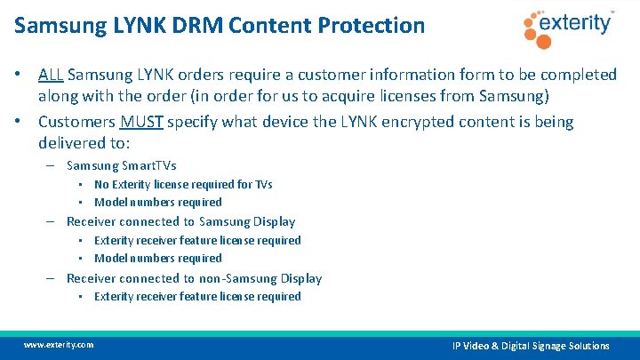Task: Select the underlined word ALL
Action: coord(50,75)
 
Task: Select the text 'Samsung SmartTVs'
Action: coord(122,165)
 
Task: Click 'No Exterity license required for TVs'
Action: coord(183,185)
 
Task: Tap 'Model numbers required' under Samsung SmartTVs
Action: coord(158,202)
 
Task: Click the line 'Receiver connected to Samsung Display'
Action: coord(180,221)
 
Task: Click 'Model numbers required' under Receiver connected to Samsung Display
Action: coord(158,258)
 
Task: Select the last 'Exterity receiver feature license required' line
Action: coord(197,296)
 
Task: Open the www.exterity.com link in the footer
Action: coord(59,344)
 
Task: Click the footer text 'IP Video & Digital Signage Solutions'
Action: coord(531,345)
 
